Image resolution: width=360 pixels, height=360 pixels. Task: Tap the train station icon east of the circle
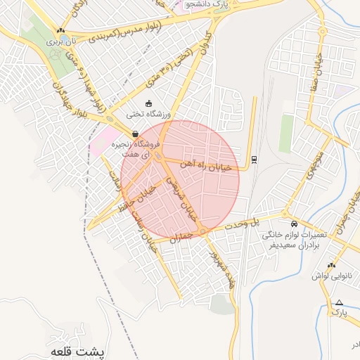click(x=254, y=158)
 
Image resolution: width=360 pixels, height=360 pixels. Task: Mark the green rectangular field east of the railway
click(x=285, y=133)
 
